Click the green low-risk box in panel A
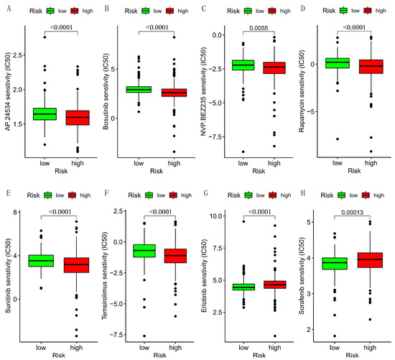tap(45, 114)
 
